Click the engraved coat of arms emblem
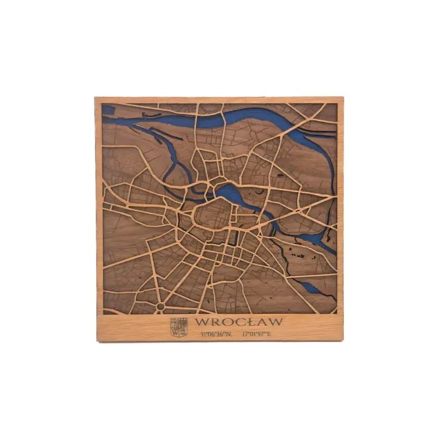pos(179,327)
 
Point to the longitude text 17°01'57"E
pos(256,334)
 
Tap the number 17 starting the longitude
pos(245,334)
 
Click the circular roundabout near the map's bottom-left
pos(160,306)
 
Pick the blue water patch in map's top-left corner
pos(108,110)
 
